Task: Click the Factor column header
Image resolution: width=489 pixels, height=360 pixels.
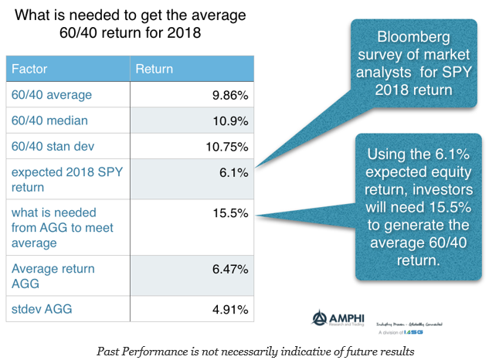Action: (x=30, y=69)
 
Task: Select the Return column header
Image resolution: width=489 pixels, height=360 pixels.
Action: (x=155, y=69)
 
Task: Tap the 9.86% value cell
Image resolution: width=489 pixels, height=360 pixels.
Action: (x=229, y=95)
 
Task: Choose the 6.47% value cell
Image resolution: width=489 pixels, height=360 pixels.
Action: (x=229, y=269)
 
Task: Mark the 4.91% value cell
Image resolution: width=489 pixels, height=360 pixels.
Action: (x=229, y=310)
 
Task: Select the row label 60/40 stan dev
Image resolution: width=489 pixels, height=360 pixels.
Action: (x=53, y=147)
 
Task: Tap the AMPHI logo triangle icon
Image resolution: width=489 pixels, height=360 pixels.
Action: (x=318, y=317)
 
